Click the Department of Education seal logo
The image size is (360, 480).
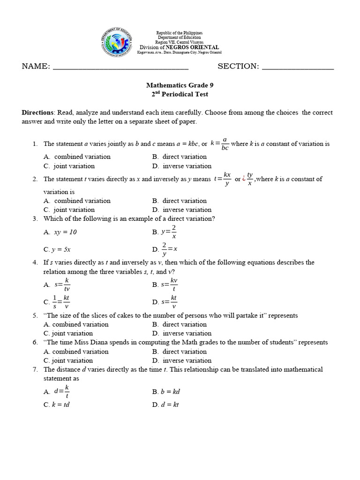(x=117, y=45)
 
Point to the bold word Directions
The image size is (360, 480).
(x=37, y=112)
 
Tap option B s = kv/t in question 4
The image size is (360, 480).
(x=169, y=285)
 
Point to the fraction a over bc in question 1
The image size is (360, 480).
(x=225, y=144)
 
